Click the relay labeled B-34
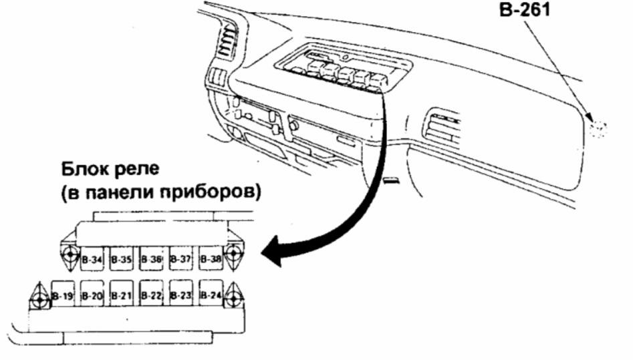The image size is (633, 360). click(92, 258)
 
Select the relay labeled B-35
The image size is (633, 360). click(122, 258)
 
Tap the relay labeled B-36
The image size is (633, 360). click(152, 258)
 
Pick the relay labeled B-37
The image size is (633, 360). click(181, 258)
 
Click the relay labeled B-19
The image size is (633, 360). click(64, 294)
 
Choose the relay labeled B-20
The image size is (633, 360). click(92, 294)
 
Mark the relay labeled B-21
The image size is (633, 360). click(122, 294)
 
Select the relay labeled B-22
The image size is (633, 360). click(152, 294)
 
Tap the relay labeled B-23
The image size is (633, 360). click(181, 294)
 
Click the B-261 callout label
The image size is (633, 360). click(523, 11)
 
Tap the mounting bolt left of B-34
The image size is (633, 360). click(70, 254)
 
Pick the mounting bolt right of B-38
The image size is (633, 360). click(233, 254)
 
